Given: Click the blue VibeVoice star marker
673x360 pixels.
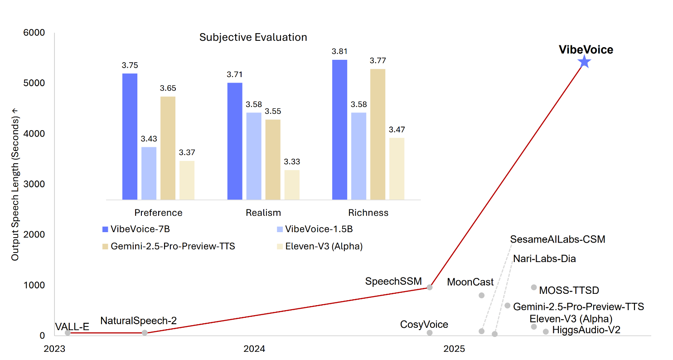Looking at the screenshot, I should click(585, 62).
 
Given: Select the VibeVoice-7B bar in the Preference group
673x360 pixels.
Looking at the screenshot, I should click(130, 136).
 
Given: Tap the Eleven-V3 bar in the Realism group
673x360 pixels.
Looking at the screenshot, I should click(292, 185).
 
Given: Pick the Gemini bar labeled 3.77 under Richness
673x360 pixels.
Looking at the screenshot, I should click(378, 134).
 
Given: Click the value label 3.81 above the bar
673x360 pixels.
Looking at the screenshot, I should click(339, 51).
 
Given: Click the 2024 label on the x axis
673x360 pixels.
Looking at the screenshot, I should click(254, 349).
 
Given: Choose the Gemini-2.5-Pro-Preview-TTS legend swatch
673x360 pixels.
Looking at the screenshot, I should click(105, 247).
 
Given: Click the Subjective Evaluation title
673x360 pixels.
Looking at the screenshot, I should click(253, 37).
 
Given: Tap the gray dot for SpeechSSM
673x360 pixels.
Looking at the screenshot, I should click(430, 287).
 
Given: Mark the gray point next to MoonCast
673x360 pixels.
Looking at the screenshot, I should click(481, 295).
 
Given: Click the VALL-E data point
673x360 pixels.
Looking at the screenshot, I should click(68, 333).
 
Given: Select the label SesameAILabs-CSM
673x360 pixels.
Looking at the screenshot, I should click(557, 239).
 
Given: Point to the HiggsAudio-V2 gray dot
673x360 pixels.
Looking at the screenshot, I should click(546, 331).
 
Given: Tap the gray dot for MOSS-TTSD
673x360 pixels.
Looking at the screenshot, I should click(534, 287).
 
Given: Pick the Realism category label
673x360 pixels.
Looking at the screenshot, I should click(263, 213).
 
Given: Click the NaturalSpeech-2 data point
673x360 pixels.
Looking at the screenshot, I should click(145, 333).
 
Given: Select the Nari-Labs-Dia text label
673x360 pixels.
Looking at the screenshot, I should click(544, 259).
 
